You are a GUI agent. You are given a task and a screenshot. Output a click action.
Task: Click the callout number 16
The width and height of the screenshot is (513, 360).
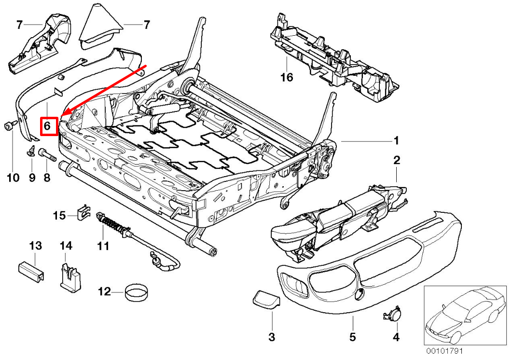[287, 77]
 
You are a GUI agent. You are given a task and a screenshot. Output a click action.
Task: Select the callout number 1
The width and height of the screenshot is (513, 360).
[396, 141]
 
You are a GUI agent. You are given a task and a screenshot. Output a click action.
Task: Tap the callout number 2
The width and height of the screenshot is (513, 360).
[397, 161]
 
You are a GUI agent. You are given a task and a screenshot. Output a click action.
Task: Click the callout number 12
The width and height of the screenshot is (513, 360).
[104, 291]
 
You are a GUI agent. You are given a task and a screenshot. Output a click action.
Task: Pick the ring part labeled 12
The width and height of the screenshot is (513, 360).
[136, 292]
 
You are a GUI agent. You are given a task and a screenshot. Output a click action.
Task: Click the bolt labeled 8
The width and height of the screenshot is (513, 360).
[47, 155]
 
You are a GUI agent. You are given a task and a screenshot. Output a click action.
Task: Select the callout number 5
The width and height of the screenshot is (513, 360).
[353, 336]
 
